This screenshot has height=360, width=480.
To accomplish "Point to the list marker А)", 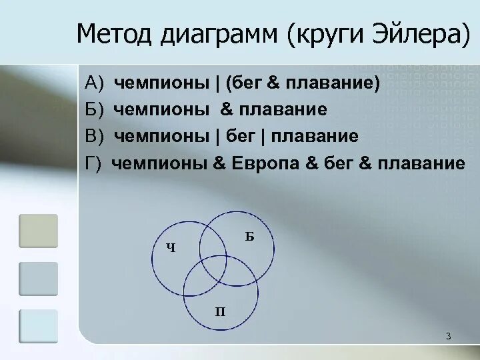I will [x=96, y=83].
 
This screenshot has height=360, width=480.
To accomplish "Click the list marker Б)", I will [x=96, y=109].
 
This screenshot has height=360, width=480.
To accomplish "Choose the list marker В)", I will [x=96, y=137].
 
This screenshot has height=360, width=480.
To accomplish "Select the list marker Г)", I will [x=94, y=163].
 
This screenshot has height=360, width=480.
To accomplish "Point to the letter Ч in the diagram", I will [x=171, y=249].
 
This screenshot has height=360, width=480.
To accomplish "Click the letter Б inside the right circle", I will [x=249, y=236].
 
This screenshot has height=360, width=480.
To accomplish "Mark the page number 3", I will [x=449, y=336].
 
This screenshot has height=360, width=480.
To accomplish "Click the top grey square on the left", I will [x=38, y=231].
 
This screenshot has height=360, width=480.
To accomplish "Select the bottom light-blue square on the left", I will [x=38, y=326].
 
